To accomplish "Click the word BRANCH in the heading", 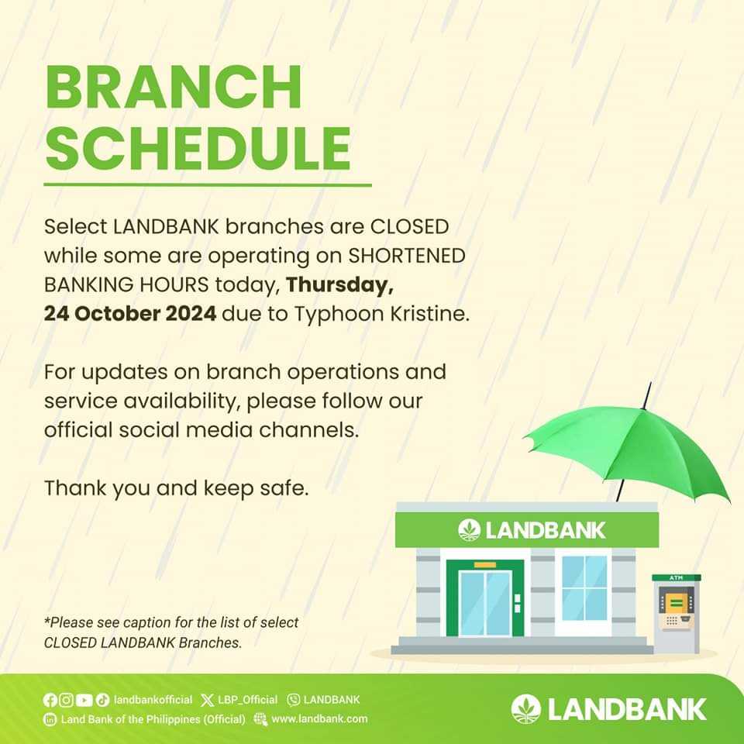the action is click(x=174, y=88).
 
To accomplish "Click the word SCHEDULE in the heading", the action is click(x=198, y=147).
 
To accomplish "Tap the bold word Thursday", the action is click(x=339, y=285).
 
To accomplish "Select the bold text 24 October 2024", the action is click(x=130, y=314).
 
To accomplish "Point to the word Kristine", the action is click(x=430, y=314).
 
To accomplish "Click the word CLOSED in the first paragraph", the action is click(x=409, y=226).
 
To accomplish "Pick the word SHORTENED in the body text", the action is click(x=407, y=256).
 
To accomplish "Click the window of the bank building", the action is click(x=584, y=588).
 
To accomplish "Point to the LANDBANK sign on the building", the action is click(x=532, y=530).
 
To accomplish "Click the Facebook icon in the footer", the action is click(x=50, y=700).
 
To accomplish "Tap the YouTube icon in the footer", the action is click(x=84, y=700).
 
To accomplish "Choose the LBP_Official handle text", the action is click(x=247, y=700).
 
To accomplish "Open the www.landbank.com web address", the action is click(x=319, y=719).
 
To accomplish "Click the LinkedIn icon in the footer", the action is click(x=50, y=719).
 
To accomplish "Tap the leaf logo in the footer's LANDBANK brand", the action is click(x=525, y=709).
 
